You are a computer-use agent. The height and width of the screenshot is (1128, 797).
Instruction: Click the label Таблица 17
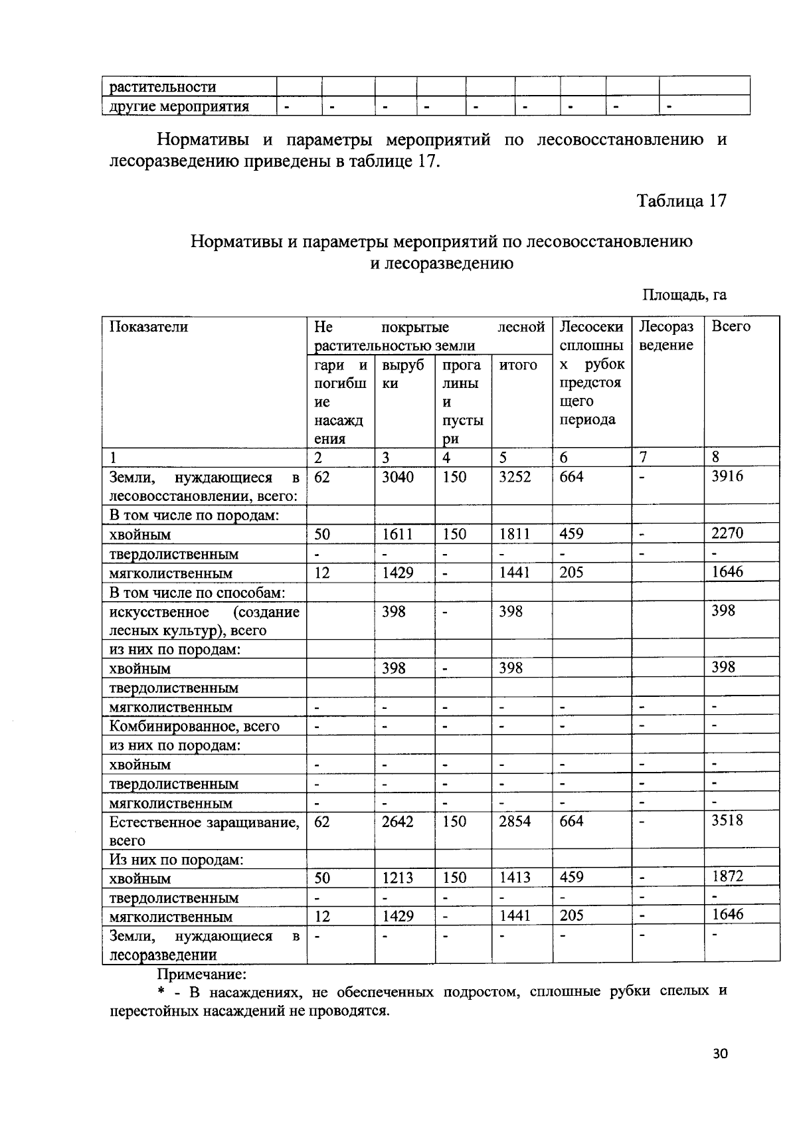(x=681, y=201)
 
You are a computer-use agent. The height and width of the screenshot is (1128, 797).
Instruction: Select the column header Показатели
(x=149, y=327)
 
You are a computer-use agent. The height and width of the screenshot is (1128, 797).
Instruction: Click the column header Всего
(x=731, y=327)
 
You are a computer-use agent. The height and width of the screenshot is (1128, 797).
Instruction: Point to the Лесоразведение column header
(x=666, y=335)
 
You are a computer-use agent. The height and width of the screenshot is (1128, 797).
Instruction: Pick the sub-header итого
(x=518, y=365)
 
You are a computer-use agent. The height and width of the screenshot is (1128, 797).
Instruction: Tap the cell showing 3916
(x=727, y=476)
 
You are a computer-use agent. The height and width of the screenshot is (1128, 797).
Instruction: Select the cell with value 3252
(x=515, y=477)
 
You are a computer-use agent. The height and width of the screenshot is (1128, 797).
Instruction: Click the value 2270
(x=727, y=533)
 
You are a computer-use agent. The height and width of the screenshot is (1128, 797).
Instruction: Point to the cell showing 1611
(x=398, y=534)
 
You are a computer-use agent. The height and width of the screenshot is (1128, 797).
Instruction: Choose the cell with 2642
(x=398, y=822)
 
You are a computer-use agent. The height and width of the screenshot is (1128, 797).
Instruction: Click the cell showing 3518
(x=727, y=820)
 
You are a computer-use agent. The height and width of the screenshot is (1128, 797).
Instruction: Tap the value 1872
(x=727, y=876)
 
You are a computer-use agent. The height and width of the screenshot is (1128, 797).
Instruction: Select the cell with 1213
(x=398, y=878)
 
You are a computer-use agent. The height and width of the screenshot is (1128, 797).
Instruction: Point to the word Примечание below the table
(x=201, y=974)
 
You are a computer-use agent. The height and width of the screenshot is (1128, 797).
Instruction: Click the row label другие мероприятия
(x=179, y=106)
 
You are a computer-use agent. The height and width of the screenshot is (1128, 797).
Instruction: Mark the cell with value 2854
(x=515, y=822)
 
